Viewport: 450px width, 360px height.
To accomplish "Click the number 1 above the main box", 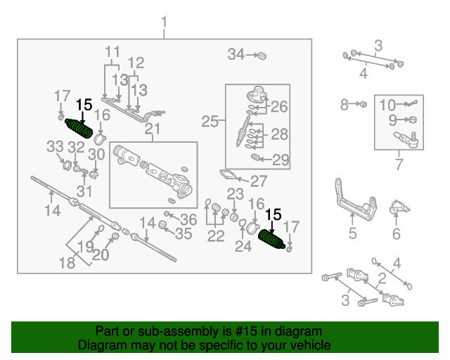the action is tap(164, 22).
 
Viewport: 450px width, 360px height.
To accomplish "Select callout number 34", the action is tap(236, 54).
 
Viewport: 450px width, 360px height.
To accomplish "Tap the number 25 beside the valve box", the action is tap(210, 122).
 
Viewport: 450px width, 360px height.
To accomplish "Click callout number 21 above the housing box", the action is tap(153, 129).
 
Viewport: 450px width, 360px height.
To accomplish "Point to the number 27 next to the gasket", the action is tap(259, 181).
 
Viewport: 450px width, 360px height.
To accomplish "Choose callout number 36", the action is tap(188, 219).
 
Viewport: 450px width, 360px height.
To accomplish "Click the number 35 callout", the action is tap(184, 233).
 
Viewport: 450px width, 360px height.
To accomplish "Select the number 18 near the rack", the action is tap(67, 263).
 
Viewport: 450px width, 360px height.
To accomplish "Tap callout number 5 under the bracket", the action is tap(352, 233).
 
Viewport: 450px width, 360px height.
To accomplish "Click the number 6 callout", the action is tap(397, 233).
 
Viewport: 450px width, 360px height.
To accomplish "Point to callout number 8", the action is tap(345, 105).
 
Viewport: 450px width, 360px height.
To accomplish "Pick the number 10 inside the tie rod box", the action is tap(387, 105).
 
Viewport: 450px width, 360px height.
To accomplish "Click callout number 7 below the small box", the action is tap(399, 165).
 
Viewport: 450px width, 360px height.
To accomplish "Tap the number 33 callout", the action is tap(55, 147).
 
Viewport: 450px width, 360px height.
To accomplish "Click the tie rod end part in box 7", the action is tap(406, 139).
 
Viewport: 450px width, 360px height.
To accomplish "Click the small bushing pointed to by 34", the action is tap(262, 56).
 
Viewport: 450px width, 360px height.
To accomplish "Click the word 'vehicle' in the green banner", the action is tap(314, 345).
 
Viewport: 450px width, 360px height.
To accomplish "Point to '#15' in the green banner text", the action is tap(246, 331).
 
